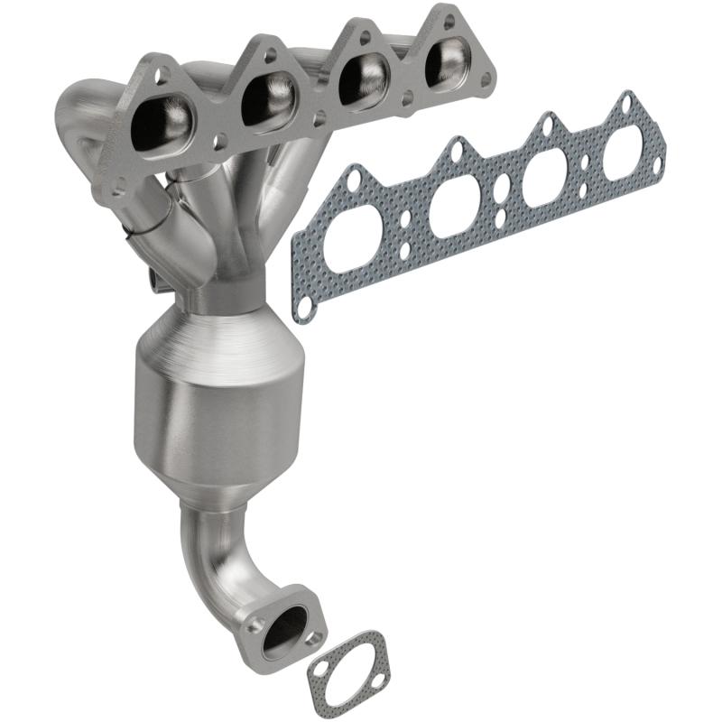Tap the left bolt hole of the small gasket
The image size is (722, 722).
[319, 670]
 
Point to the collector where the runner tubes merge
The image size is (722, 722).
[236, 271]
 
